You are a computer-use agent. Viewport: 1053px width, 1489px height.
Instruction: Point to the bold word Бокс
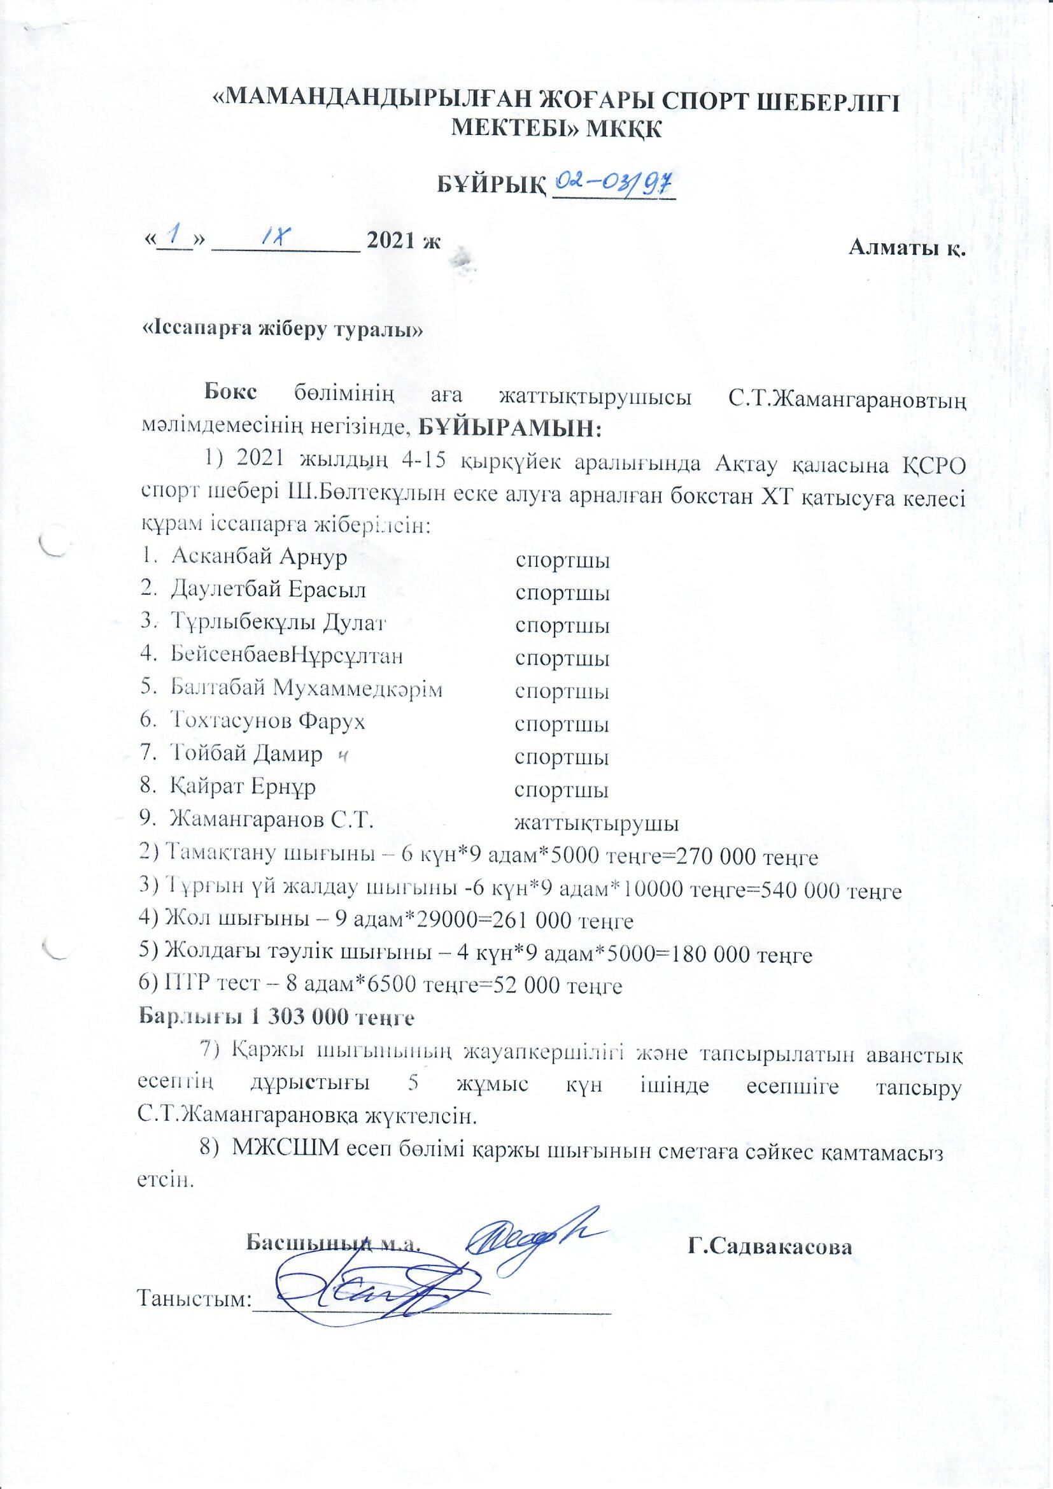tap(231, 392)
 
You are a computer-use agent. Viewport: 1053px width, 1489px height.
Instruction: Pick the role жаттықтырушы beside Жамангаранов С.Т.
tap(597, 823)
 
